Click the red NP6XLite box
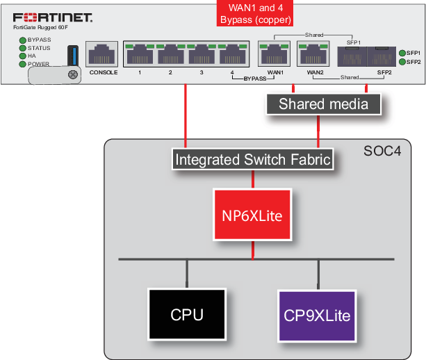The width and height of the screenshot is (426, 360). click(252, 215)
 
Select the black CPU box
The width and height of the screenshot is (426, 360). click(187, 315)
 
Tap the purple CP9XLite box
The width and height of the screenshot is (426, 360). click(317, 315)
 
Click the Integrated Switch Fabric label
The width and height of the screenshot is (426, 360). click(252, 160)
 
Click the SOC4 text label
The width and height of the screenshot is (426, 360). click(382, 151)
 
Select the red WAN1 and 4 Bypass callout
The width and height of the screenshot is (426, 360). click(255, 14)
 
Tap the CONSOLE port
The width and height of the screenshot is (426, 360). click(102, 54)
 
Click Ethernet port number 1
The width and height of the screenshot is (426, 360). click(140, 54)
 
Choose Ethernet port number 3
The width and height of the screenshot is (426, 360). click(202, 54)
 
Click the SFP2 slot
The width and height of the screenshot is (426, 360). click(383, 56)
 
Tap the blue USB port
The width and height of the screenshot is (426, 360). click(72, 56)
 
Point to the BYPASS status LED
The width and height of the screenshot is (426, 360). click(22, 40)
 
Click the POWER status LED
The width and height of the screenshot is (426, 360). click(22, 63)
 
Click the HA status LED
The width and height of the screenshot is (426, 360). click(22, 56)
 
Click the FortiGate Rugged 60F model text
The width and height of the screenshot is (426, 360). click(42, 27)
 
